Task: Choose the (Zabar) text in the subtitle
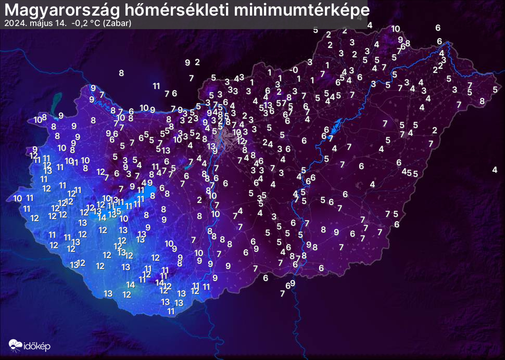point(118,23)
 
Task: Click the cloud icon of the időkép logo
point(15,344)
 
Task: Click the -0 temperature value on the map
point(294,70)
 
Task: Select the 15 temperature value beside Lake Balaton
point(117,211)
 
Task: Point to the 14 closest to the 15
point(102,217)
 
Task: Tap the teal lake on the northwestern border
point(56,99)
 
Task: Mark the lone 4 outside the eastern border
point(495,170)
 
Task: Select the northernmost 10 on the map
point(396,29)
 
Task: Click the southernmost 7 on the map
point(282,293)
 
